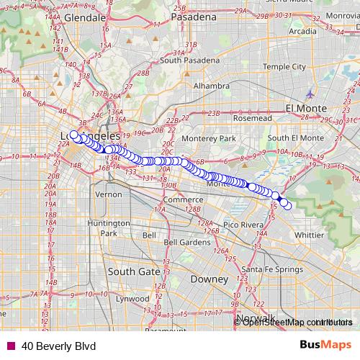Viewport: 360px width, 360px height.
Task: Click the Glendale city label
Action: (85, 17)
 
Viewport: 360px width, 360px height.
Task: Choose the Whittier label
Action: (309, 235)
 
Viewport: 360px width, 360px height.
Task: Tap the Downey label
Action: (209, 279)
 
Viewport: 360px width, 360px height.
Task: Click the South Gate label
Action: (127, 271)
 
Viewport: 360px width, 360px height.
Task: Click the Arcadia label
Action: (302, 32)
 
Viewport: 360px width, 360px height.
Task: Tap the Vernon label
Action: (109, 194)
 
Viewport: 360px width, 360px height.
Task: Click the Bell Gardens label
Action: (186, 243)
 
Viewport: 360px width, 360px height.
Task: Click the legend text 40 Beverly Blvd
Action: (58, 346)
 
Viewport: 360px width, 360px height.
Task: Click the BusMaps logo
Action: (326, 345)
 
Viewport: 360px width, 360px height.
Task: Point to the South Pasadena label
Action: (189, 60)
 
